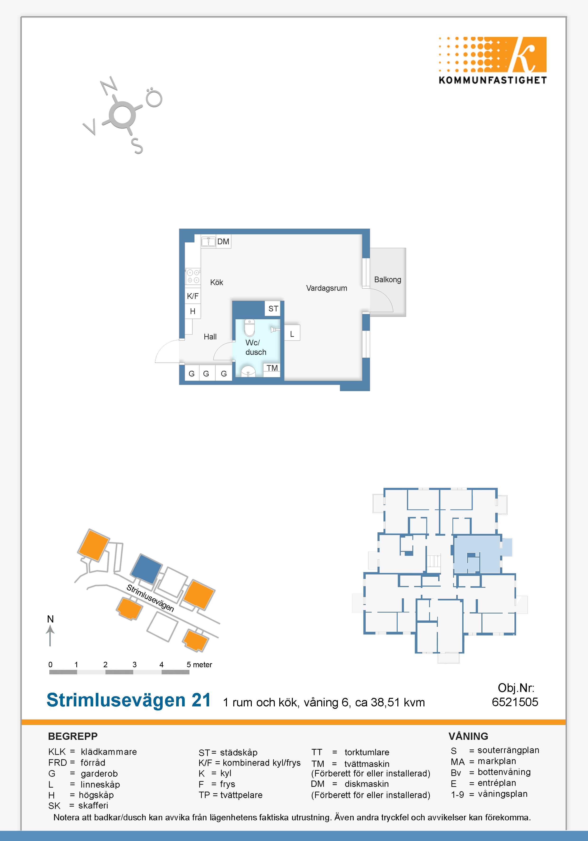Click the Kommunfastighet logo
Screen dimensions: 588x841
point(492,61)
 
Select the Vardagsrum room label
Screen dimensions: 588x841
point(326,288)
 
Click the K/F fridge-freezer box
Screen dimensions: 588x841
point(193,296)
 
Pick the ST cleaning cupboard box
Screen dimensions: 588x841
point(273,308)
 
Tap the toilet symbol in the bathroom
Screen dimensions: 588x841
point(249,328)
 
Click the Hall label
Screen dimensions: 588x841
point(210,337)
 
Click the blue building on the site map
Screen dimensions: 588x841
point(146,569)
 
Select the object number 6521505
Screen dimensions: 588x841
point(515,702)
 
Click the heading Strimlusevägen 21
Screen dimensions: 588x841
point(129,700)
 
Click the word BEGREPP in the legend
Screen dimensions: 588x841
point(73,736)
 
